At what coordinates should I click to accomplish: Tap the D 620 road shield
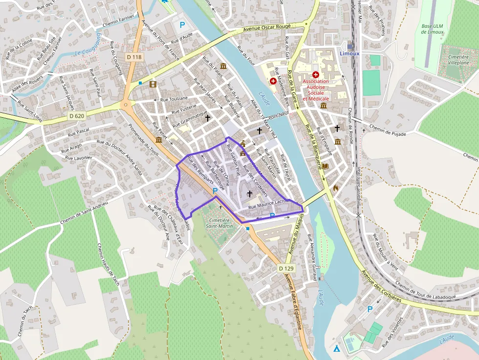77,116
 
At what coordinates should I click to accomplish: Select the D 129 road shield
287,268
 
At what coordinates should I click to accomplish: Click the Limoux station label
349,53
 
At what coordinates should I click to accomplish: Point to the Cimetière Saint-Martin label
219,223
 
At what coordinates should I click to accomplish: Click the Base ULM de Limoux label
432,29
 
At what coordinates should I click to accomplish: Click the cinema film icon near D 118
153,85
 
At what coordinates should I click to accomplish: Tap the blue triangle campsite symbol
336,348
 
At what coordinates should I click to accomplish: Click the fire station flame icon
335,187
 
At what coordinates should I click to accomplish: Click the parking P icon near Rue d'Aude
182,25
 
